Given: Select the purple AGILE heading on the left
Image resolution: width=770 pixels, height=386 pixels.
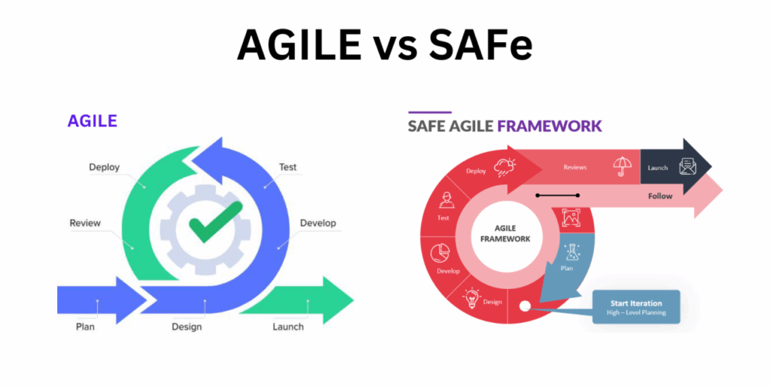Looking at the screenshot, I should pyautogui.click(x=92, y=121).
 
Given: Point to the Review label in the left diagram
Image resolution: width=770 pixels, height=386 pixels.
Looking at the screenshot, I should pyautogui.click(x=85, y=223).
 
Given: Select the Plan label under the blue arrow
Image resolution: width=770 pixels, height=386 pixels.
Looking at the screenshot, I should pyautogui.click(x=85, y=327).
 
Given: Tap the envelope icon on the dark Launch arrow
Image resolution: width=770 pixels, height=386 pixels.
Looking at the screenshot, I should pyautogui.click(x=687, y=167).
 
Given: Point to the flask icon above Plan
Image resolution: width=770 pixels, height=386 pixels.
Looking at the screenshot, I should pyautogui.click(x=572, y=251).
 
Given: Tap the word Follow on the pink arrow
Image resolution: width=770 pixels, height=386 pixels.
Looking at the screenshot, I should pyautogui.click(x=659, y=196).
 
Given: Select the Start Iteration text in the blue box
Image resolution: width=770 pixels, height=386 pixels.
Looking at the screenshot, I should pyautogui.click(x=635, y=303).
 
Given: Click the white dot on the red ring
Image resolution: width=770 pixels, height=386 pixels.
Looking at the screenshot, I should pyautogui.click(x=524, y=306).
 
